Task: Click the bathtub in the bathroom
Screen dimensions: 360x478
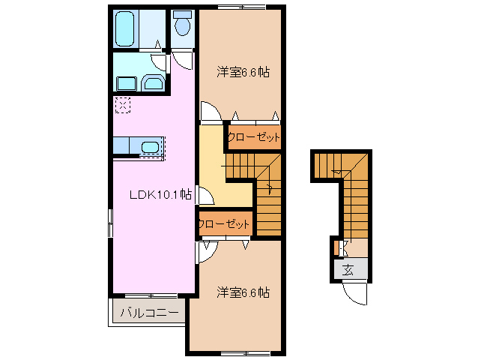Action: [125, 28]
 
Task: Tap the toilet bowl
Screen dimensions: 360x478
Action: [182, 26]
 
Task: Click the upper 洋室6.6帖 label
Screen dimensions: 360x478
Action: [243, 73]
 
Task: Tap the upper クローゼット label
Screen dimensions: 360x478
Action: [254, 137]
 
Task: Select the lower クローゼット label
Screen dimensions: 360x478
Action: [224, 224]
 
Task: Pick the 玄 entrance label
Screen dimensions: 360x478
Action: [348, 270]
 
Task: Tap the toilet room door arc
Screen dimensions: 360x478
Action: [182, 61]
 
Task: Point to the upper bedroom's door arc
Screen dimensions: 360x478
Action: [211, 112]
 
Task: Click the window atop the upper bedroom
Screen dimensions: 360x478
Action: [242, 7]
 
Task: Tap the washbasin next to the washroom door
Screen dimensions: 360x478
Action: [154, 82]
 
